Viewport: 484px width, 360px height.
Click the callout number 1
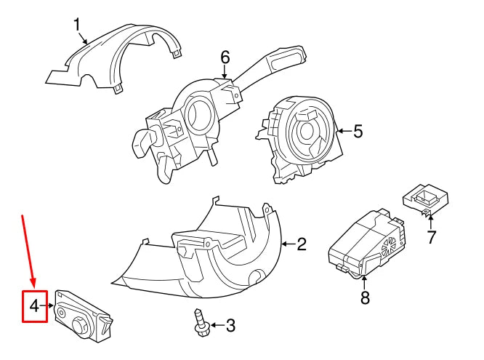(x=78, y=25)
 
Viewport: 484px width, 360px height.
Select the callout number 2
(x=302, y=244)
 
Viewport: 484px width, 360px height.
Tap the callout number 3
(x=230, y=326)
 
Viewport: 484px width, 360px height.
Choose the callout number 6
(x=225, y=57)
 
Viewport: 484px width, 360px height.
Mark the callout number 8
(x=364, y=297)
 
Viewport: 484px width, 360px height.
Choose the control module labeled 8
(x=363, y=244)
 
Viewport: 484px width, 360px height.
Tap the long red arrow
(x=28, y=251)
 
